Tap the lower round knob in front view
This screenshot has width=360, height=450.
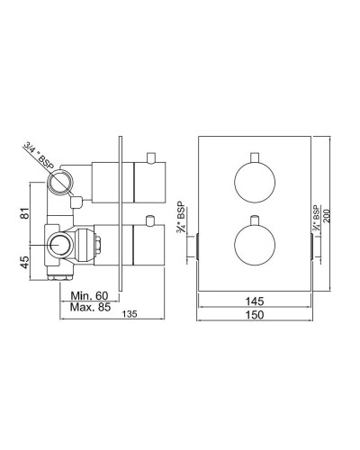253,245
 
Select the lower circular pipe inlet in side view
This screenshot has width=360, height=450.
63,245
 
